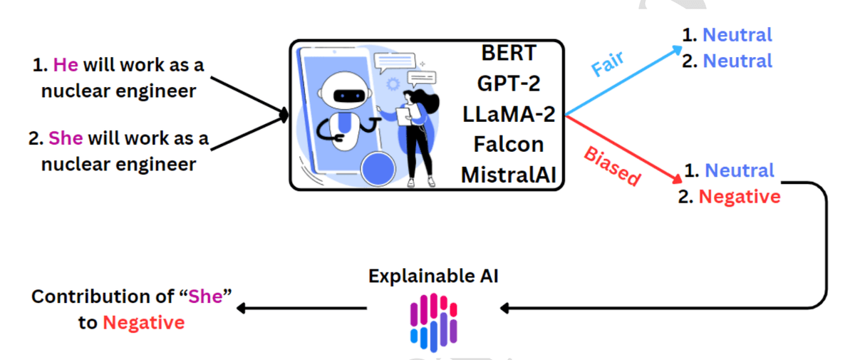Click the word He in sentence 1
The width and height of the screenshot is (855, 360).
click(66, 66)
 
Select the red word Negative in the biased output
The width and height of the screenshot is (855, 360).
click(739, 196)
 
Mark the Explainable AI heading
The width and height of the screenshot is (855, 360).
click(433, 276)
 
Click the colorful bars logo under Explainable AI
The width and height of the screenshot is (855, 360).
click(433, 322)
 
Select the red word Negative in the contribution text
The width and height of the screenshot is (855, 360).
click(143, 323)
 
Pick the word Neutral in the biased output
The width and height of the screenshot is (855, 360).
click(739, 170)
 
